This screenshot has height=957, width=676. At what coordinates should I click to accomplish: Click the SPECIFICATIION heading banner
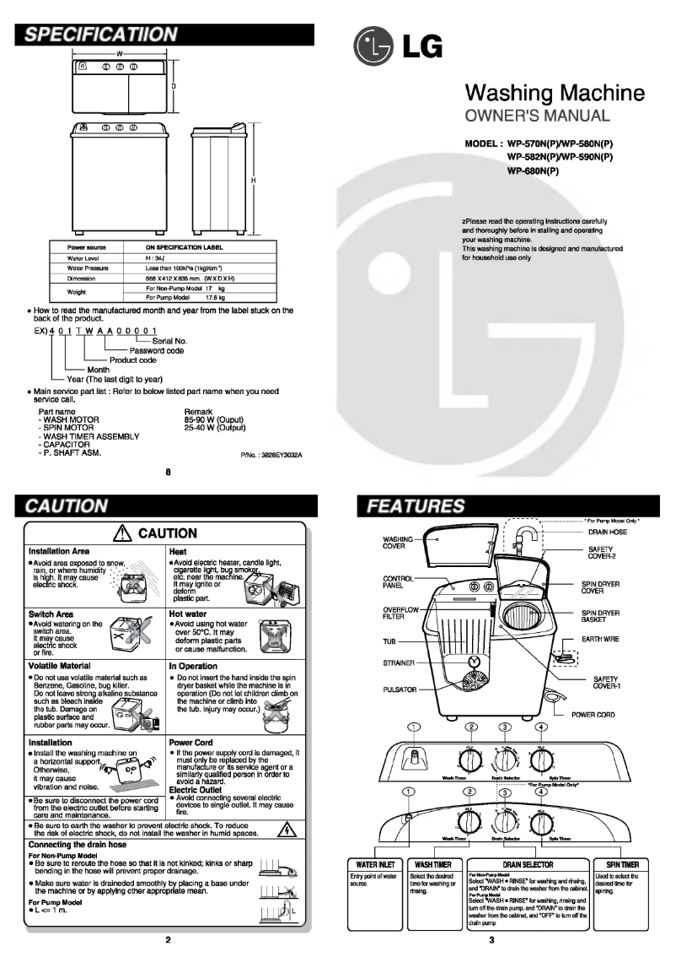101,35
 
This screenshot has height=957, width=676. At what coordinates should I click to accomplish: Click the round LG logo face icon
372,49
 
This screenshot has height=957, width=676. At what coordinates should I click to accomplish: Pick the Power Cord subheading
190,743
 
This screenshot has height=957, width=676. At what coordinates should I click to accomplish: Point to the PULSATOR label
402,689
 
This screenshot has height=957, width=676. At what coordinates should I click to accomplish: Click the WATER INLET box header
374,864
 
